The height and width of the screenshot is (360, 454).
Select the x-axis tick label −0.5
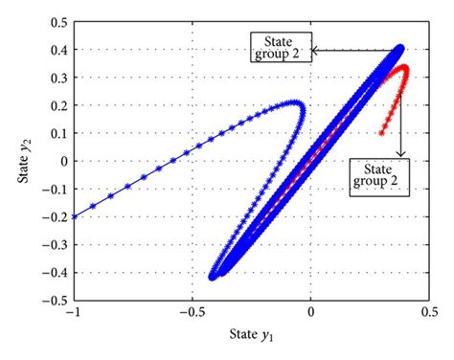[x=192, y=313]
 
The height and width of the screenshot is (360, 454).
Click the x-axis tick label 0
[x=310, y=313]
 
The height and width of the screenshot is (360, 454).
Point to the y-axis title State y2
[x=17, y=160]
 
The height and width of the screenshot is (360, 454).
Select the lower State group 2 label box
[x=381, y=176]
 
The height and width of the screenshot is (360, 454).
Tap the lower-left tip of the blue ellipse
[x=212, y=276]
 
